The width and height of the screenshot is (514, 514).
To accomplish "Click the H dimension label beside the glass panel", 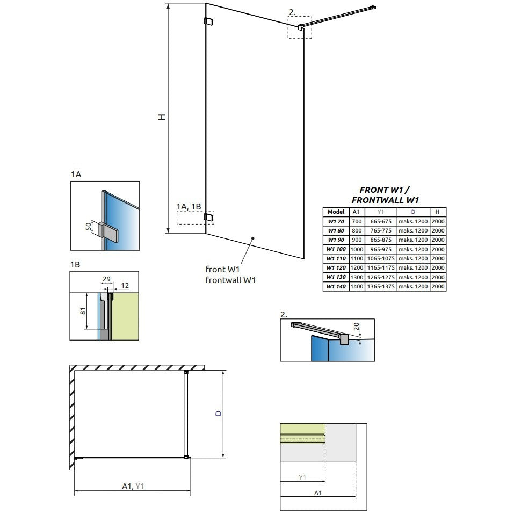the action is (162, 117).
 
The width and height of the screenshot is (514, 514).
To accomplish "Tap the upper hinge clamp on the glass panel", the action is (208, 21).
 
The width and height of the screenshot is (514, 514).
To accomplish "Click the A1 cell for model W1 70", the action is (357, 221).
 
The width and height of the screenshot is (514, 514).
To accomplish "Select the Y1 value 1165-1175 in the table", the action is (381, 268).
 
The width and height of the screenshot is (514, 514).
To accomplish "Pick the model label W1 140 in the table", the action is (336, 286).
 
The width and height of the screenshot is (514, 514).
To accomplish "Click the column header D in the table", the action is (413, 212).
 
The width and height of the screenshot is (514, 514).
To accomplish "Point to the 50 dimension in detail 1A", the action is (89, 227).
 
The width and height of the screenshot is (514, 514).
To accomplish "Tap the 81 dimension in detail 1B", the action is (83, 311).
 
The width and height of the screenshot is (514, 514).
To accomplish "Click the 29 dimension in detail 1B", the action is (106, 279).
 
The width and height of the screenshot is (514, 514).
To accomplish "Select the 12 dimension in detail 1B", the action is (125, 286).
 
